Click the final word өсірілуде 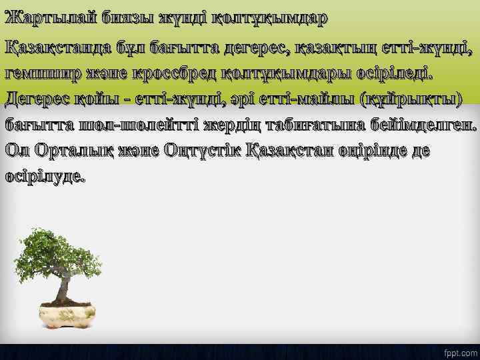(x=45, y=177)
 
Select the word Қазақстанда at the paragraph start (x=63, y=47)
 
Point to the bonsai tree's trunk (x=65, y=287)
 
